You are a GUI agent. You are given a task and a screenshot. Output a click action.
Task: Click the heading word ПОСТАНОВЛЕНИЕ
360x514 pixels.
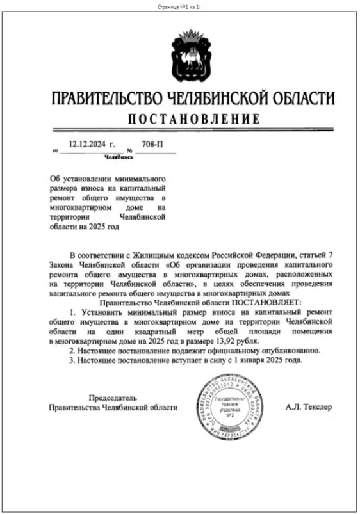click(192, 119)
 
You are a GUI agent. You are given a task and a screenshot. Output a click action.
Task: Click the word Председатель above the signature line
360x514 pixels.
click(113, 398)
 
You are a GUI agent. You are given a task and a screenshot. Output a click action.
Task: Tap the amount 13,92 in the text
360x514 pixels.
click(224, 342)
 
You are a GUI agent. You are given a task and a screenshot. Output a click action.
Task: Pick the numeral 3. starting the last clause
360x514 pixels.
click(72, 361)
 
